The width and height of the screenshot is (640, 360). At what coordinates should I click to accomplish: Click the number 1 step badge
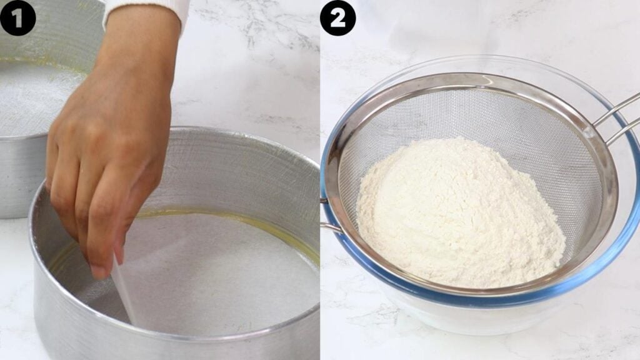17,17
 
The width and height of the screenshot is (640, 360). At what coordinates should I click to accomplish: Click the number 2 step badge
337,17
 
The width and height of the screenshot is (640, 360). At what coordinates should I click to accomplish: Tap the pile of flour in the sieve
459,212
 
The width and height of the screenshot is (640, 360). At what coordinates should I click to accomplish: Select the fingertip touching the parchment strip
99,271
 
